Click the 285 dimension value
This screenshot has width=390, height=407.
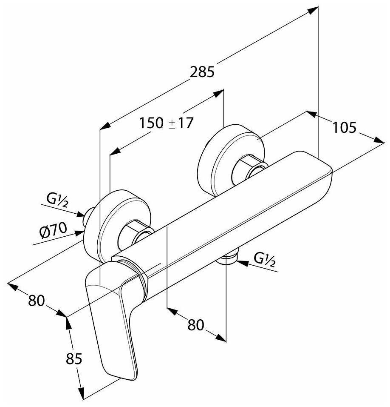point(202,72)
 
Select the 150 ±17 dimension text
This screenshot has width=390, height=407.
point(167,123)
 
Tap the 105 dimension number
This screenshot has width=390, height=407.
point(344,127)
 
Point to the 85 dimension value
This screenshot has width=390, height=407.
point(73,359)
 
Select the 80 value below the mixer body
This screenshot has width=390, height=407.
point(196,325)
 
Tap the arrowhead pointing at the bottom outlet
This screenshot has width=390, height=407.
point(241,263)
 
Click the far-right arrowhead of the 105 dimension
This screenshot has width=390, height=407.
point(379,141)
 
